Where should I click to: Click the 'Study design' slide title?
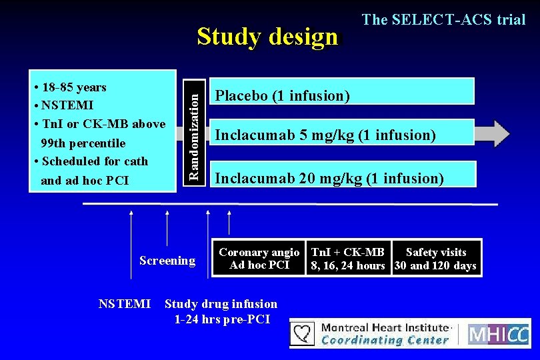(x=267, y=37)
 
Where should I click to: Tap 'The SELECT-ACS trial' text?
(x=443, y=20)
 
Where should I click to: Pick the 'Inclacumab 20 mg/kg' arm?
(x=343, y=177)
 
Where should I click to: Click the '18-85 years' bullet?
(x=73, y=87)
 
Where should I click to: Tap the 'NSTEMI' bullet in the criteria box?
(x=67, y=105)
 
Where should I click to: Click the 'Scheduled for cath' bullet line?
(x=94, y=161)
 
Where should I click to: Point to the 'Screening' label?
(x=167, y=261)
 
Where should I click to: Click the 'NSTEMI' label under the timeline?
(x=124, y=304)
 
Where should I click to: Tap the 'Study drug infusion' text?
(x=221, y=305)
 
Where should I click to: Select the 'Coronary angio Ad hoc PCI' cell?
(x=259, y=259)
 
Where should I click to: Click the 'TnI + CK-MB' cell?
(x=348, y=259)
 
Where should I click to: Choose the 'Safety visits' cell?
(x=435, y=259)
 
